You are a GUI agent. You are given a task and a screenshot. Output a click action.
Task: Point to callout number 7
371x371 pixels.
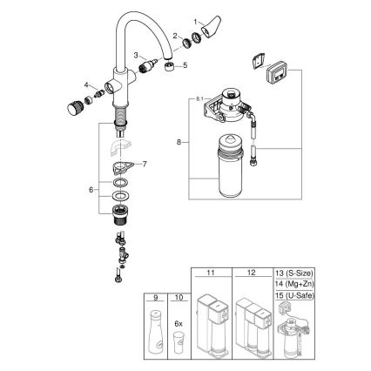click(145, 164)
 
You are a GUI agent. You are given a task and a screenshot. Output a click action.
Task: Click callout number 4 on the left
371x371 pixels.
click(87, 84)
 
